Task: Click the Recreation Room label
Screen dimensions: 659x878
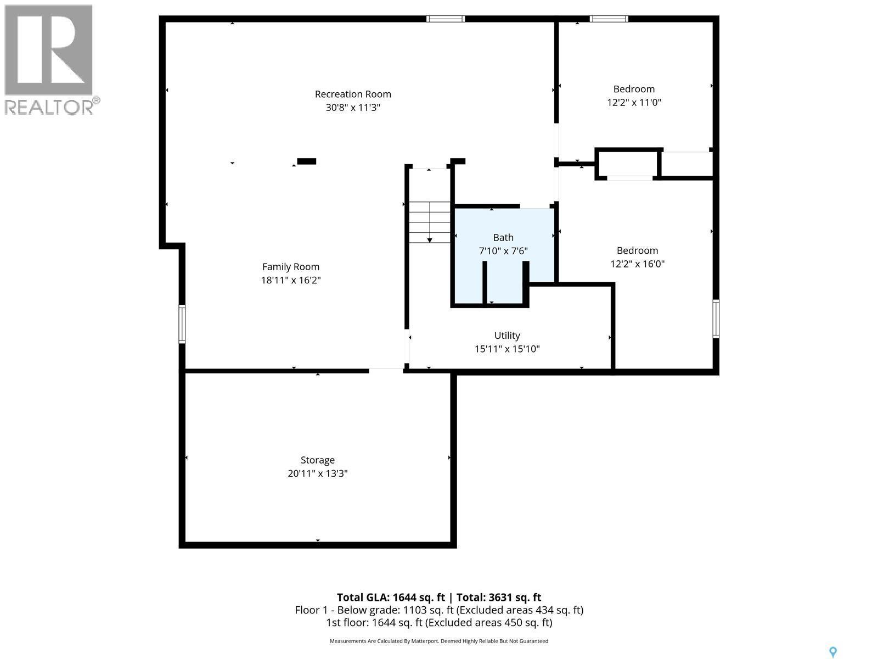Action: [353, 94]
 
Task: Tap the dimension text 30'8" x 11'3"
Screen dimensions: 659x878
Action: [353, 108]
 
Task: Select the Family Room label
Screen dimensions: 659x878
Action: [291, 267]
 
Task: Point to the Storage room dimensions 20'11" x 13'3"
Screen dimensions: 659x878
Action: [318, 473]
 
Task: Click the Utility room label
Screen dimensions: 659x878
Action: [507, 336]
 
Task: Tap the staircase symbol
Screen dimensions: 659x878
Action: [429, 222]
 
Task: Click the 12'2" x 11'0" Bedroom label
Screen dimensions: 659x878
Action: [634, 89]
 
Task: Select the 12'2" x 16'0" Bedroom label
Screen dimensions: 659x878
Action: [637, 250]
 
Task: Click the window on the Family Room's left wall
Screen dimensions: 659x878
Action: [182, 324]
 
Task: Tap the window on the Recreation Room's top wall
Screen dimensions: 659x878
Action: [446, 19]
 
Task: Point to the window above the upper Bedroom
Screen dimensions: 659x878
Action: [609, 19]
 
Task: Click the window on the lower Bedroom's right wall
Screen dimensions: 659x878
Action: [716, 319]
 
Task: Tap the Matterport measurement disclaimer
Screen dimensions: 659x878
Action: [439, 641]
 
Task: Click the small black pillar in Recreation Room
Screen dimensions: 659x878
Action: [306, 161]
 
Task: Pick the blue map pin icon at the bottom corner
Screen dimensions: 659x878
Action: [833, 652]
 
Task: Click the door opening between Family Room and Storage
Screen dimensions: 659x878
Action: [386, 371]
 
